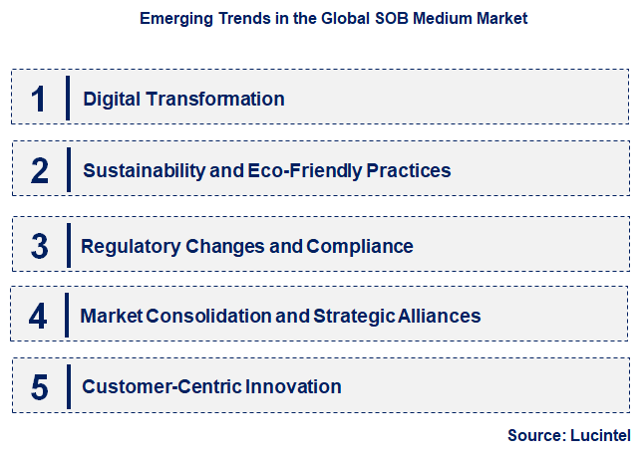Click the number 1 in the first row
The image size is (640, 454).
39,99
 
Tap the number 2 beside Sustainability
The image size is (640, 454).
39,170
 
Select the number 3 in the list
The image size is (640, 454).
39,246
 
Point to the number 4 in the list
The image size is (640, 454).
38,317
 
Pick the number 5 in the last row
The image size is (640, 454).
39,387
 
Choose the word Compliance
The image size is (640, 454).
360,246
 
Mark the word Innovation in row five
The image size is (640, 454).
295,387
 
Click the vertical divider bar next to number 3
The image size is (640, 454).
68,246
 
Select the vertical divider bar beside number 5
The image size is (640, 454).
68,387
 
